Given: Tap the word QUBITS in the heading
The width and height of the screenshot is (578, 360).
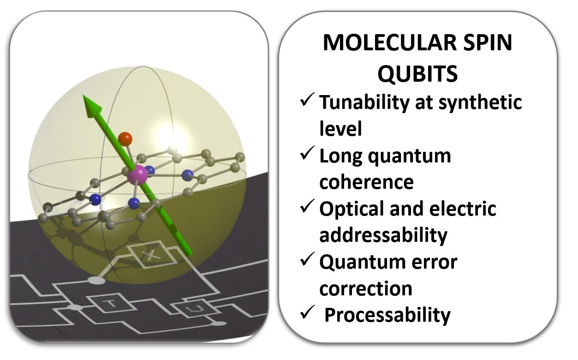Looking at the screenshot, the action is (x=417, y=73).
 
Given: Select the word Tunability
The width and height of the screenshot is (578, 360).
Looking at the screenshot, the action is (x=364, y=103).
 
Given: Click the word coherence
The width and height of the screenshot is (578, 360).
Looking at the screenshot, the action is (x=366, y=182).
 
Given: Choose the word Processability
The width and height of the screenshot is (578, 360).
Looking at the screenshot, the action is (x=387, y=316).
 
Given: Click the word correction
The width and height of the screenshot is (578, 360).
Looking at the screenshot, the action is (x=366, y=288).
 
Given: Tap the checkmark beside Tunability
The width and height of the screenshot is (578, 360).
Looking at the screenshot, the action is (x=307, y=99).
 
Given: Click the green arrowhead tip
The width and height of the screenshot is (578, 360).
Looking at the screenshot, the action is (x=83, y=95).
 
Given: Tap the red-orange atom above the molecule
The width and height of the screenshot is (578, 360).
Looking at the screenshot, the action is (x=125, y=139).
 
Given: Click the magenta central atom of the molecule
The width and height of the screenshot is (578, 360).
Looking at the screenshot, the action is (x=137, y=175).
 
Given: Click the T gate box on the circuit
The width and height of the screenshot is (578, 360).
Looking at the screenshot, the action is (x=112, y=303).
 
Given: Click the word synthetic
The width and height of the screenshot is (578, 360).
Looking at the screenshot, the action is (x=480, y=103).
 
